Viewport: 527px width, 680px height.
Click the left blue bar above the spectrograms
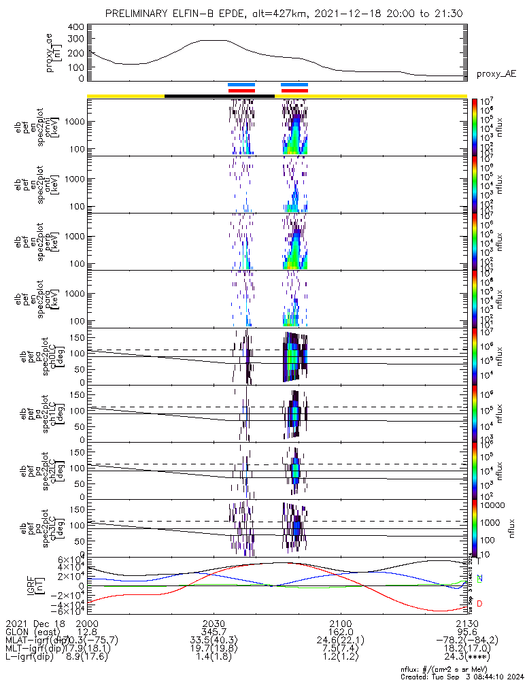click(x=241, y=85)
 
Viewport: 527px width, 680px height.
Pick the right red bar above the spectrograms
click(x=294, y=90)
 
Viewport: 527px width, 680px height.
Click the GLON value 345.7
click(x=214, y=632)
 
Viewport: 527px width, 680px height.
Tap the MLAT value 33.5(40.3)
click(x=214, y=641)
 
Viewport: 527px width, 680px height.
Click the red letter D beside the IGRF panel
click(x=480, y=603)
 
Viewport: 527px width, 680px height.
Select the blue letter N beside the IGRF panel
click(x=480, y=579)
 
